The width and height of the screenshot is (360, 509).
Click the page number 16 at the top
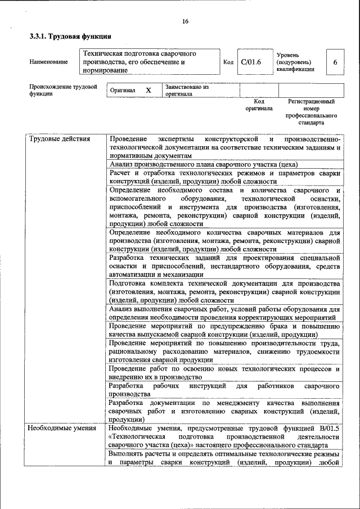coord(185,21)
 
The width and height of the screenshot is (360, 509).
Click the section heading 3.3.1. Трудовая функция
coord(70,38)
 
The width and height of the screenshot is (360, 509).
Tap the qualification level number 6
coord(335,62)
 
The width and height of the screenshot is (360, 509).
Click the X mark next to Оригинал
coord(148,90)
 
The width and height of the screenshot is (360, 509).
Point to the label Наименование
coord(48,62)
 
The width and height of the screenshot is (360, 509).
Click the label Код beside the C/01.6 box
coord(228,62)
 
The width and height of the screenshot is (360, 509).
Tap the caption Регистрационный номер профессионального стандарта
coord(311,111)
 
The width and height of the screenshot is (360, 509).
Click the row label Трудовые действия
coord(59,139)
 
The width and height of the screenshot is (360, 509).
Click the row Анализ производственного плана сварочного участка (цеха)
coord(204,164)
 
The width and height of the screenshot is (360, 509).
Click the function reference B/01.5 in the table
coord(328,429)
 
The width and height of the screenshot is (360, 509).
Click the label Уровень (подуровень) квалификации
coord(296,62)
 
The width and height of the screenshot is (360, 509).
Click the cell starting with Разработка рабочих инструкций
coord(224,390)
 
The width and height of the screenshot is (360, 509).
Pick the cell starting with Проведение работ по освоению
coord(224,373)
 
